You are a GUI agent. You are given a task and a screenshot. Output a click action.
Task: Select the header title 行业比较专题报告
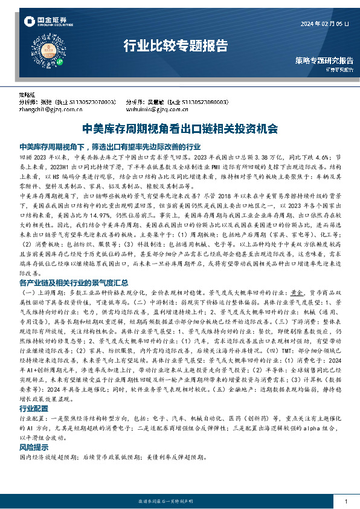coord(175,45)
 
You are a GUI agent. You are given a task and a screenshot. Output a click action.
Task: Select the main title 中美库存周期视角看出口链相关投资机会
coord(179,128)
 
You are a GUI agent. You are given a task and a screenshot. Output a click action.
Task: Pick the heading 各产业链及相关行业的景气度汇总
coord(74,265)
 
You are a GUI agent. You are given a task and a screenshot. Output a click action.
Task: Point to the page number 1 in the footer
coord(346,502)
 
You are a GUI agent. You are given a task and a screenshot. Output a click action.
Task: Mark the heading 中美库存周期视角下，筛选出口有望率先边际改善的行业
coord(109,146)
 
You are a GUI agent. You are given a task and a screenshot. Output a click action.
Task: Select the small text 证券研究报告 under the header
coord(337,71)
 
